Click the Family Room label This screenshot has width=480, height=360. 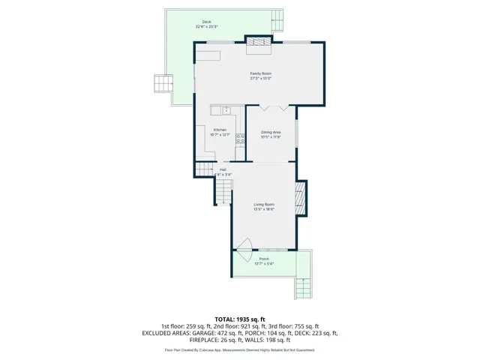click(260, 73)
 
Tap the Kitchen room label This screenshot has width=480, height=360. click(220, 130)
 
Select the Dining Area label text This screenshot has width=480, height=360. click(271, 133)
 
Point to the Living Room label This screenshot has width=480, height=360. click(263, 204)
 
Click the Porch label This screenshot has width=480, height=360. click(264, 259)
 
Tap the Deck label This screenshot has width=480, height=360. click(205, 22)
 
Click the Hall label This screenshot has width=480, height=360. click(223, 170)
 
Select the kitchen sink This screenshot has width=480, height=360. click(226, 110)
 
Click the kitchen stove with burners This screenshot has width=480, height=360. click(241, 137)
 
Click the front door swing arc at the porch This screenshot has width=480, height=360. click(244, 245)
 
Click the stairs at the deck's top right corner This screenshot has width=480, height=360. click(278, 19)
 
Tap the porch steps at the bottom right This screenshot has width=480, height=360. click(304, 286)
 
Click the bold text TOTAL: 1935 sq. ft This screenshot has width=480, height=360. click(240, 319)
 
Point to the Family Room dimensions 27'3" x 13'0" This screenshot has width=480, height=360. click(260, 78)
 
